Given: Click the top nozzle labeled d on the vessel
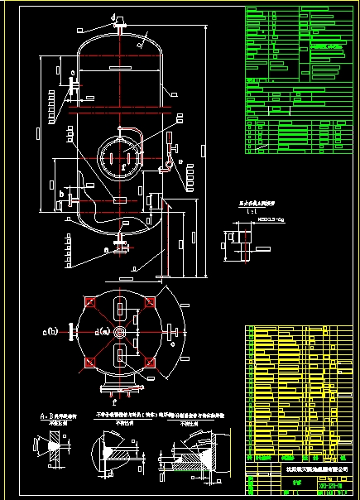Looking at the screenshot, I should click(x=121, y=24).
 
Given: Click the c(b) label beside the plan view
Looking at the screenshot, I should click(x=52, y=333).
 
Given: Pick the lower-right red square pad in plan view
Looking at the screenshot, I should click(x=150, y=363).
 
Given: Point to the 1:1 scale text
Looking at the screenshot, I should click(x=245, y=210).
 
